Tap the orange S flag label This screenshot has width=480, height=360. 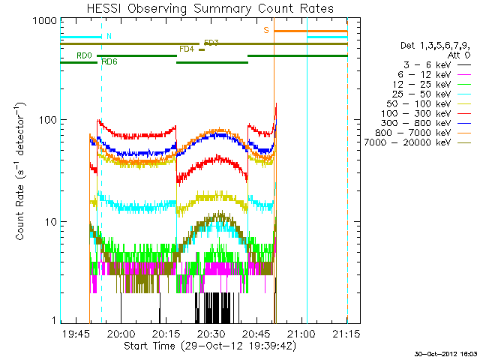tap(265, 30)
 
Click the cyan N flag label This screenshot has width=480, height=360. tap(109, 36)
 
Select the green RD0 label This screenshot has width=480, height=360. tap(84, 56)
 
